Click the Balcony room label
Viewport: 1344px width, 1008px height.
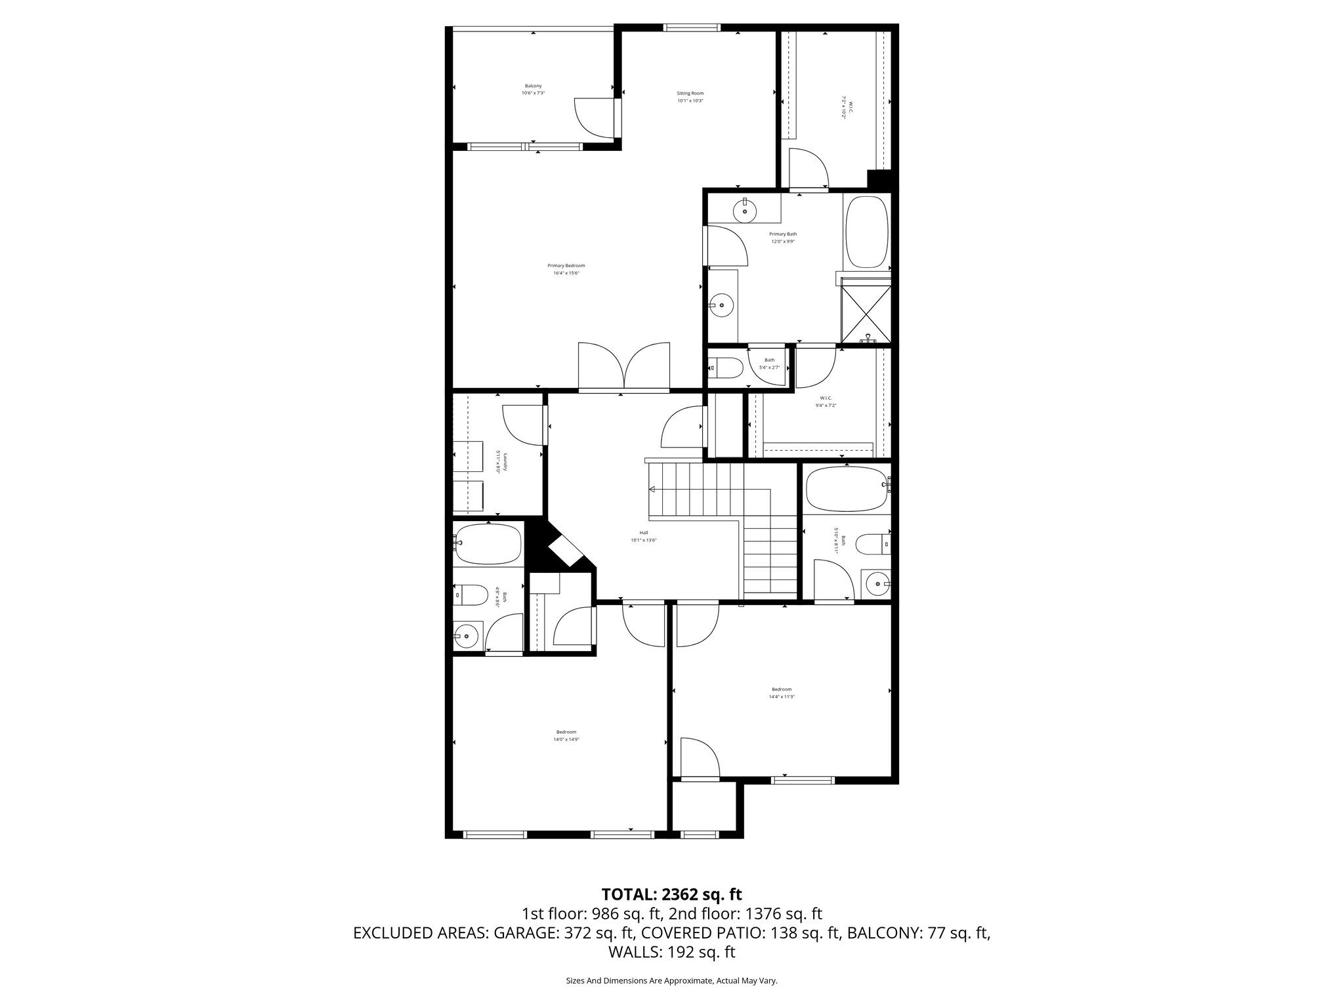click(533, 86)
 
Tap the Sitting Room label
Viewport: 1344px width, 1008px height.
click(690, 93)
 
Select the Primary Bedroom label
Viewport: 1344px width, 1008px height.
click(566, 266)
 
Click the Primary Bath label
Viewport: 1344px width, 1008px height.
click(783, 234)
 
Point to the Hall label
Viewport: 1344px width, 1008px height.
click(643, 533)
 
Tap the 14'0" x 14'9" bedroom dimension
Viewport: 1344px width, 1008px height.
click(566, 740)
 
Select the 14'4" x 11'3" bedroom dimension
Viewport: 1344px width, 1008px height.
click(782, 697)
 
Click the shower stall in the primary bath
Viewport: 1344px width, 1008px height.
click(866, 310)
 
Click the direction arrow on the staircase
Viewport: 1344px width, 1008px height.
click(652, 489)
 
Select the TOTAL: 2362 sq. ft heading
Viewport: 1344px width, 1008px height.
click(671, 894)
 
